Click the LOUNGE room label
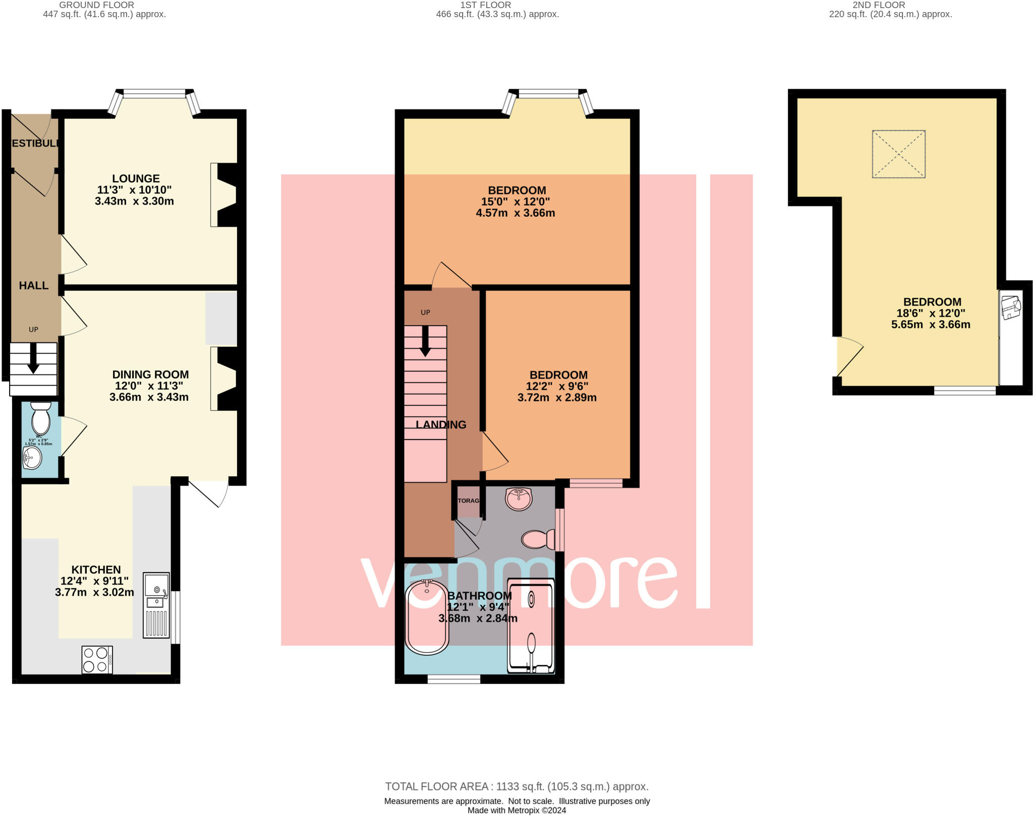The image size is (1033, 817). click(136, 178)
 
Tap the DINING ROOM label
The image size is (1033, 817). click(150, 374)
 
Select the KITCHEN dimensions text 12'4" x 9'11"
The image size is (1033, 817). click(95, 581)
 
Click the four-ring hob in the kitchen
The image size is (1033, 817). click(97, 660)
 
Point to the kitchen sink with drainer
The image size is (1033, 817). click(156, 605)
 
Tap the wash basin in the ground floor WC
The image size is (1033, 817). click(32, 458)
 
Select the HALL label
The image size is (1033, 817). click(34, 286)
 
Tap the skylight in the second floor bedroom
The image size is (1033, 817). click(898, 154)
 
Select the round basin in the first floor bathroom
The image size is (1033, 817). click(519, 499)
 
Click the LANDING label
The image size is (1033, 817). click(441, 425)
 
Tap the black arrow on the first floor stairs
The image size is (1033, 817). click(425, 341)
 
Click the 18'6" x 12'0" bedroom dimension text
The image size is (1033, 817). click(931, 313)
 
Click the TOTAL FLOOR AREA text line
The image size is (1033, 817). click(516, 786)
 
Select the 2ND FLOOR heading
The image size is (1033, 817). click(879, 5)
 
